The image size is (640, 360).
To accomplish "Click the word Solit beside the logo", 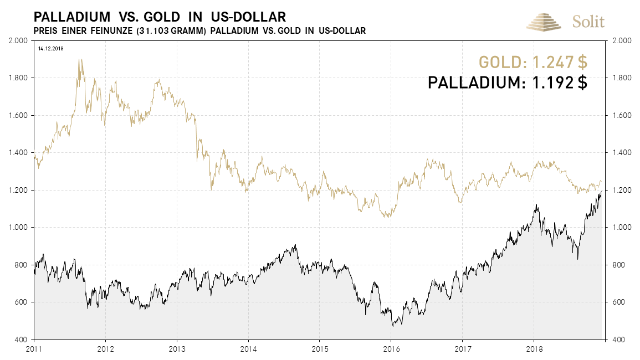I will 588,22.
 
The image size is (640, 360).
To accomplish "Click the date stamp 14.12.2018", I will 51,49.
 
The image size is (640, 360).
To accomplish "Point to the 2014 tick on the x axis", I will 248,349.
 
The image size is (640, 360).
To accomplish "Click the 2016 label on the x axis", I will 391,349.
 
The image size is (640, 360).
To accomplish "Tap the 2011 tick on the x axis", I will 34,349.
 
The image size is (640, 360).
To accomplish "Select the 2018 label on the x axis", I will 534,349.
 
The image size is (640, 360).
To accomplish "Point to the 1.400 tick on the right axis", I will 620,153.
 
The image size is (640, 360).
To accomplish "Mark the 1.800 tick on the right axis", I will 620,78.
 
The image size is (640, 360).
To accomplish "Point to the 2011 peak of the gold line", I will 80,59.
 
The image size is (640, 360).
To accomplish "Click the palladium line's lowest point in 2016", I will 393,326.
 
